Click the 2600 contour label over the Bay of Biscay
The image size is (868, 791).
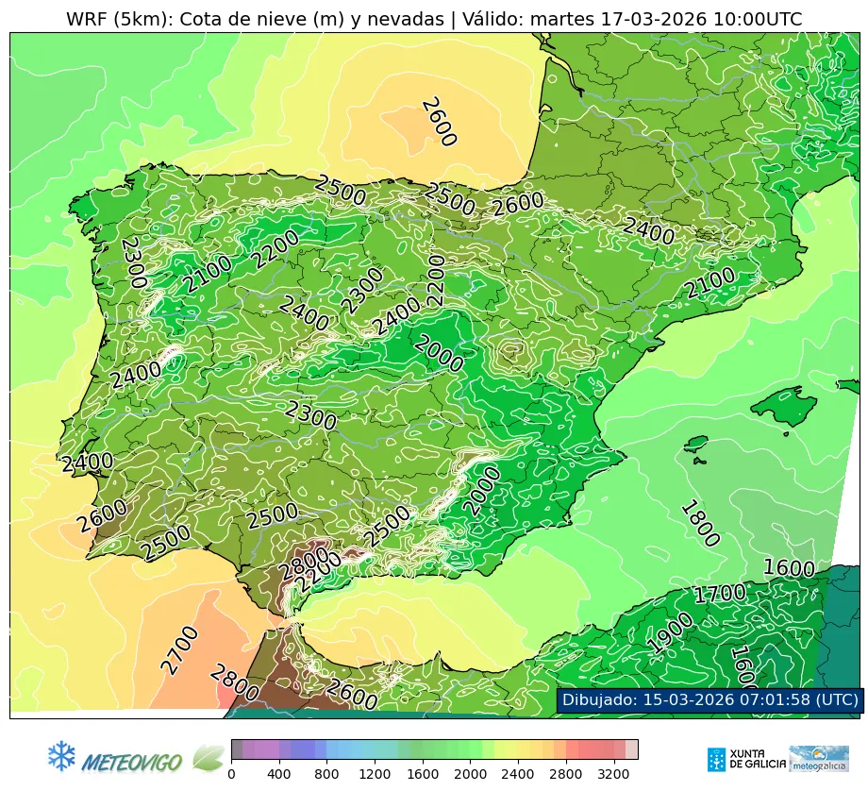[x=439, y=122]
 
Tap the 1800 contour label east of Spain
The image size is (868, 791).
[x=699, y=524]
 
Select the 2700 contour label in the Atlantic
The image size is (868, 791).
[x=179, y=650]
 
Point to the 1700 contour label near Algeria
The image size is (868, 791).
[x=719, y=594]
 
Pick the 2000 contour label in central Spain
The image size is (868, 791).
[x=439, y=354]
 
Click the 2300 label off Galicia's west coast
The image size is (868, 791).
[x=133, y=262]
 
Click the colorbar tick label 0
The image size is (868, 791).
[x=231, y=775]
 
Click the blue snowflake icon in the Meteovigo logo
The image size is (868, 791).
[x=61, y=755]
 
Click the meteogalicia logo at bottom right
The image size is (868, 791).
[x=818, y=758]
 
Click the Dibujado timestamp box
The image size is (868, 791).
[x=709, y=699]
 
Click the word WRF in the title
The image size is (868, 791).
[x=85, y=19]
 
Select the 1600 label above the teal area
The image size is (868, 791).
[x=788, y=568]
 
